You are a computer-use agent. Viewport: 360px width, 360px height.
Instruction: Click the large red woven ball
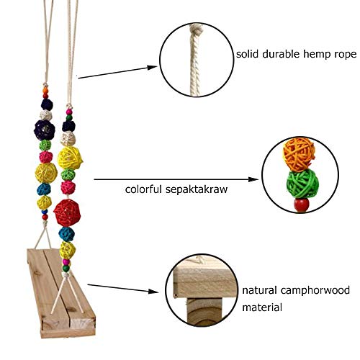click(x=67, y=213)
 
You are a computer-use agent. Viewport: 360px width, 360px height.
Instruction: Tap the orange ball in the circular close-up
click(x=299, y=154)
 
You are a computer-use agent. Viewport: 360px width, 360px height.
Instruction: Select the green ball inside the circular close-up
click(x=302, y=184)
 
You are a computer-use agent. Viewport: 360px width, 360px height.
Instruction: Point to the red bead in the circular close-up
click(x=302, y=205)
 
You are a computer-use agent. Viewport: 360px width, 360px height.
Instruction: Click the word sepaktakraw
click(x=197, y=189)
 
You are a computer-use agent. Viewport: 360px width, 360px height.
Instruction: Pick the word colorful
click(x=143, y=189)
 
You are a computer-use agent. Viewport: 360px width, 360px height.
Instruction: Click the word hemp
click(x=317, y=54)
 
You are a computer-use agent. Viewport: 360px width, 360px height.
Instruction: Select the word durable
click(x=281, y=54)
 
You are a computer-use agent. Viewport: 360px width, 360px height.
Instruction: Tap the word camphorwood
click(x=315, y=290)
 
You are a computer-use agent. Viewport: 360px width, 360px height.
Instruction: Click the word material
click(x=262, y=307)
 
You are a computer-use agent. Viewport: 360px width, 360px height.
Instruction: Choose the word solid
click(x=247, y=54)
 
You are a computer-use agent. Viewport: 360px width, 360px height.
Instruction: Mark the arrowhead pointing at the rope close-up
click(x=152, y=68)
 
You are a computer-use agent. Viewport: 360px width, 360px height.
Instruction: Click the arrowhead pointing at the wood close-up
click(x=153, y=292)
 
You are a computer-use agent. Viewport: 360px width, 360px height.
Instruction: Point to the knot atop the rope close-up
click(x=195, y=30)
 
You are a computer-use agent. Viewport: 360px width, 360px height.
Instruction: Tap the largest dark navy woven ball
click(x=45, y=130)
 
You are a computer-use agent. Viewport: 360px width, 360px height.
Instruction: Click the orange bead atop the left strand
click(x=45, y=91)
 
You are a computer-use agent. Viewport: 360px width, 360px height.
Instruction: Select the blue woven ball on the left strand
click(x=44, y=189)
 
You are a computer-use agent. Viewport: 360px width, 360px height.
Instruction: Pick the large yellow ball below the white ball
click(x=70, y=158)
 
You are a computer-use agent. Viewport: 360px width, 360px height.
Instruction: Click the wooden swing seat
click(x=61, y=293)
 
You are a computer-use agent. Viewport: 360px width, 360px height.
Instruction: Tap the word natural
click(x=259, y=290)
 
